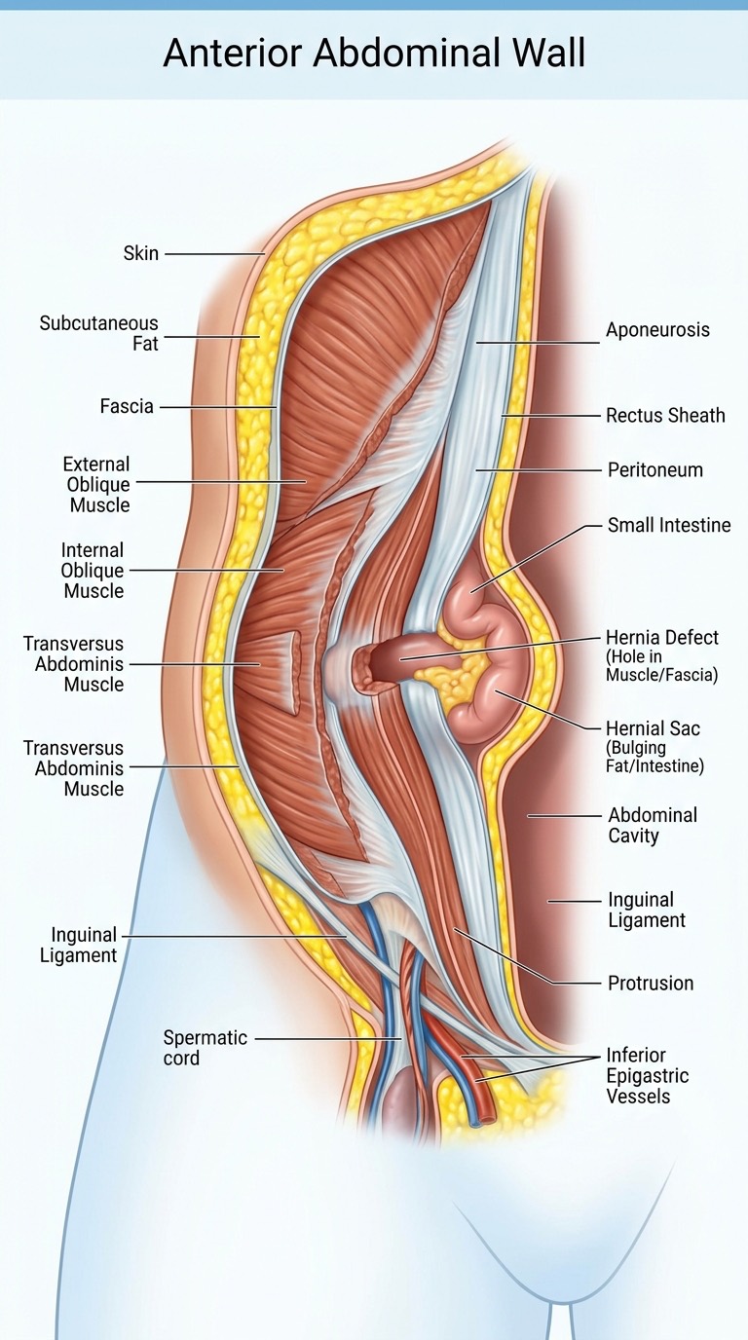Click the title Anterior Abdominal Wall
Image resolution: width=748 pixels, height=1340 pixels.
[x=374, y=53]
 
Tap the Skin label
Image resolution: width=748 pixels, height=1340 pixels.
[x=141, y=253]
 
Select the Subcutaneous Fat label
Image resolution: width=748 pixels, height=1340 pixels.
[x=98, y=333]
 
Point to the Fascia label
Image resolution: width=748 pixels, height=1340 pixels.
[x=127, y=406]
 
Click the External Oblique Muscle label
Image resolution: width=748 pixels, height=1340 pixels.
[x=97, y=485]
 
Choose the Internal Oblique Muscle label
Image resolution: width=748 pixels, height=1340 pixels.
[x=93, y=571]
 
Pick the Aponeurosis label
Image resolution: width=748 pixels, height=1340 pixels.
[x=657, y=329]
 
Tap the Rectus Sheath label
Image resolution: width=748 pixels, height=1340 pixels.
[x=665, y=415]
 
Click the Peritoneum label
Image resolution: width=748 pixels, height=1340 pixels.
[x=655, y=469]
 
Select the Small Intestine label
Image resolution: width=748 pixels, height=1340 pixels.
[x=669, y=525]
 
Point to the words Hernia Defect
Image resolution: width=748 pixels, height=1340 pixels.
[x=662, y=637]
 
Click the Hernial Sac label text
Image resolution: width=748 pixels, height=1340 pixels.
[x=653, y=728]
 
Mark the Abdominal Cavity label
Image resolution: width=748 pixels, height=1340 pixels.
[x=653, y=825]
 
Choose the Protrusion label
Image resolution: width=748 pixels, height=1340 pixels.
[x=651, y=983]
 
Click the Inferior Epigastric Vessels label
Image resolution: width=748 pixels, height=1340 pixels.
[x=648, y=1075]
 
